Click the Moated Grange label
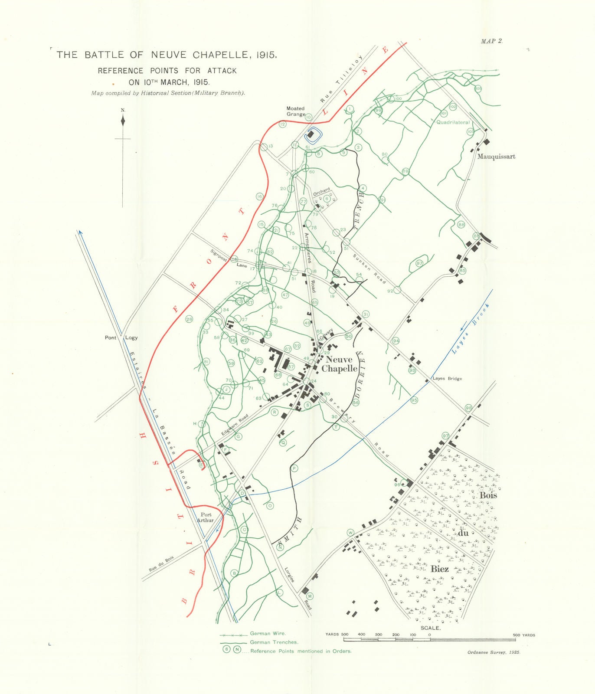(295, 111)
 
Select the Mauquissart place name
(496, 156)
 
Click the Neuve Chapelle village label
(339, 364)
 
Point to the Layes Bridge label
(447, 378)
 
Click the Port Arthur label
(205, 517)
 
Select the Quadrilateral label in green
(453, 122)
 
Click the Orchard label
(322, 192)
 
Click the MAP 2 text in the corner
(491, 41)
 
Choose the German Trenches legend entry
(274, 642)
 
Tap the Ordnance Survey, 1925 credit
(494, 652)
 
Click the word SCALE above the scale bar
(430, 628)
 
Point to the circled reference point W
(350, 533)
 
